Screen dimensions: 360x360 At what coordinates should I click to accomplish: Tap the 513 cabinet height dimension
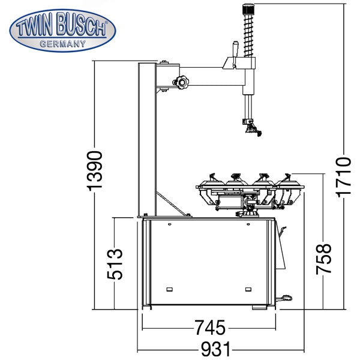coord(115,264)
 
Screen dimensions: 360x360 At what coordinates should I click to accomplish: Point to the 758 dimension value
coord(323,259)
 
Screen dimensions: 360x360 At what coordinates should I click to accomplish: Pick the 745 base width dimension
coord(211,328)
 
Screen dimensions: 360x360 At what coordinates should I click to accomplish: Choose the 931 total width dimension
coord(215,349)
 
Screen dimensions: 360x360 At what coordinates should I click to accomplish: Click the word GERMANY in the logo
coord(62,44)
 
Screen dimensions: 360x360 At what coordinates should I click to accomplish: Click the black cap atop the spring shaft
coord(248,9)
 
